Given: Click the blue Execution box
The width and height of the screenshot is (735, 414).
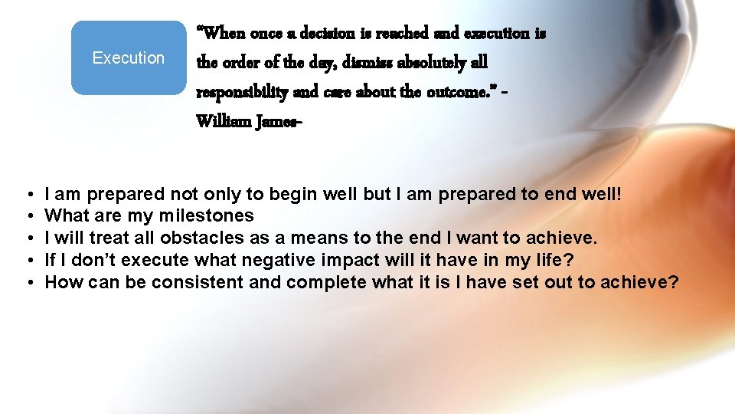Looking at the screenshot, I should pyautogui.click(x=129, y=58).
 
